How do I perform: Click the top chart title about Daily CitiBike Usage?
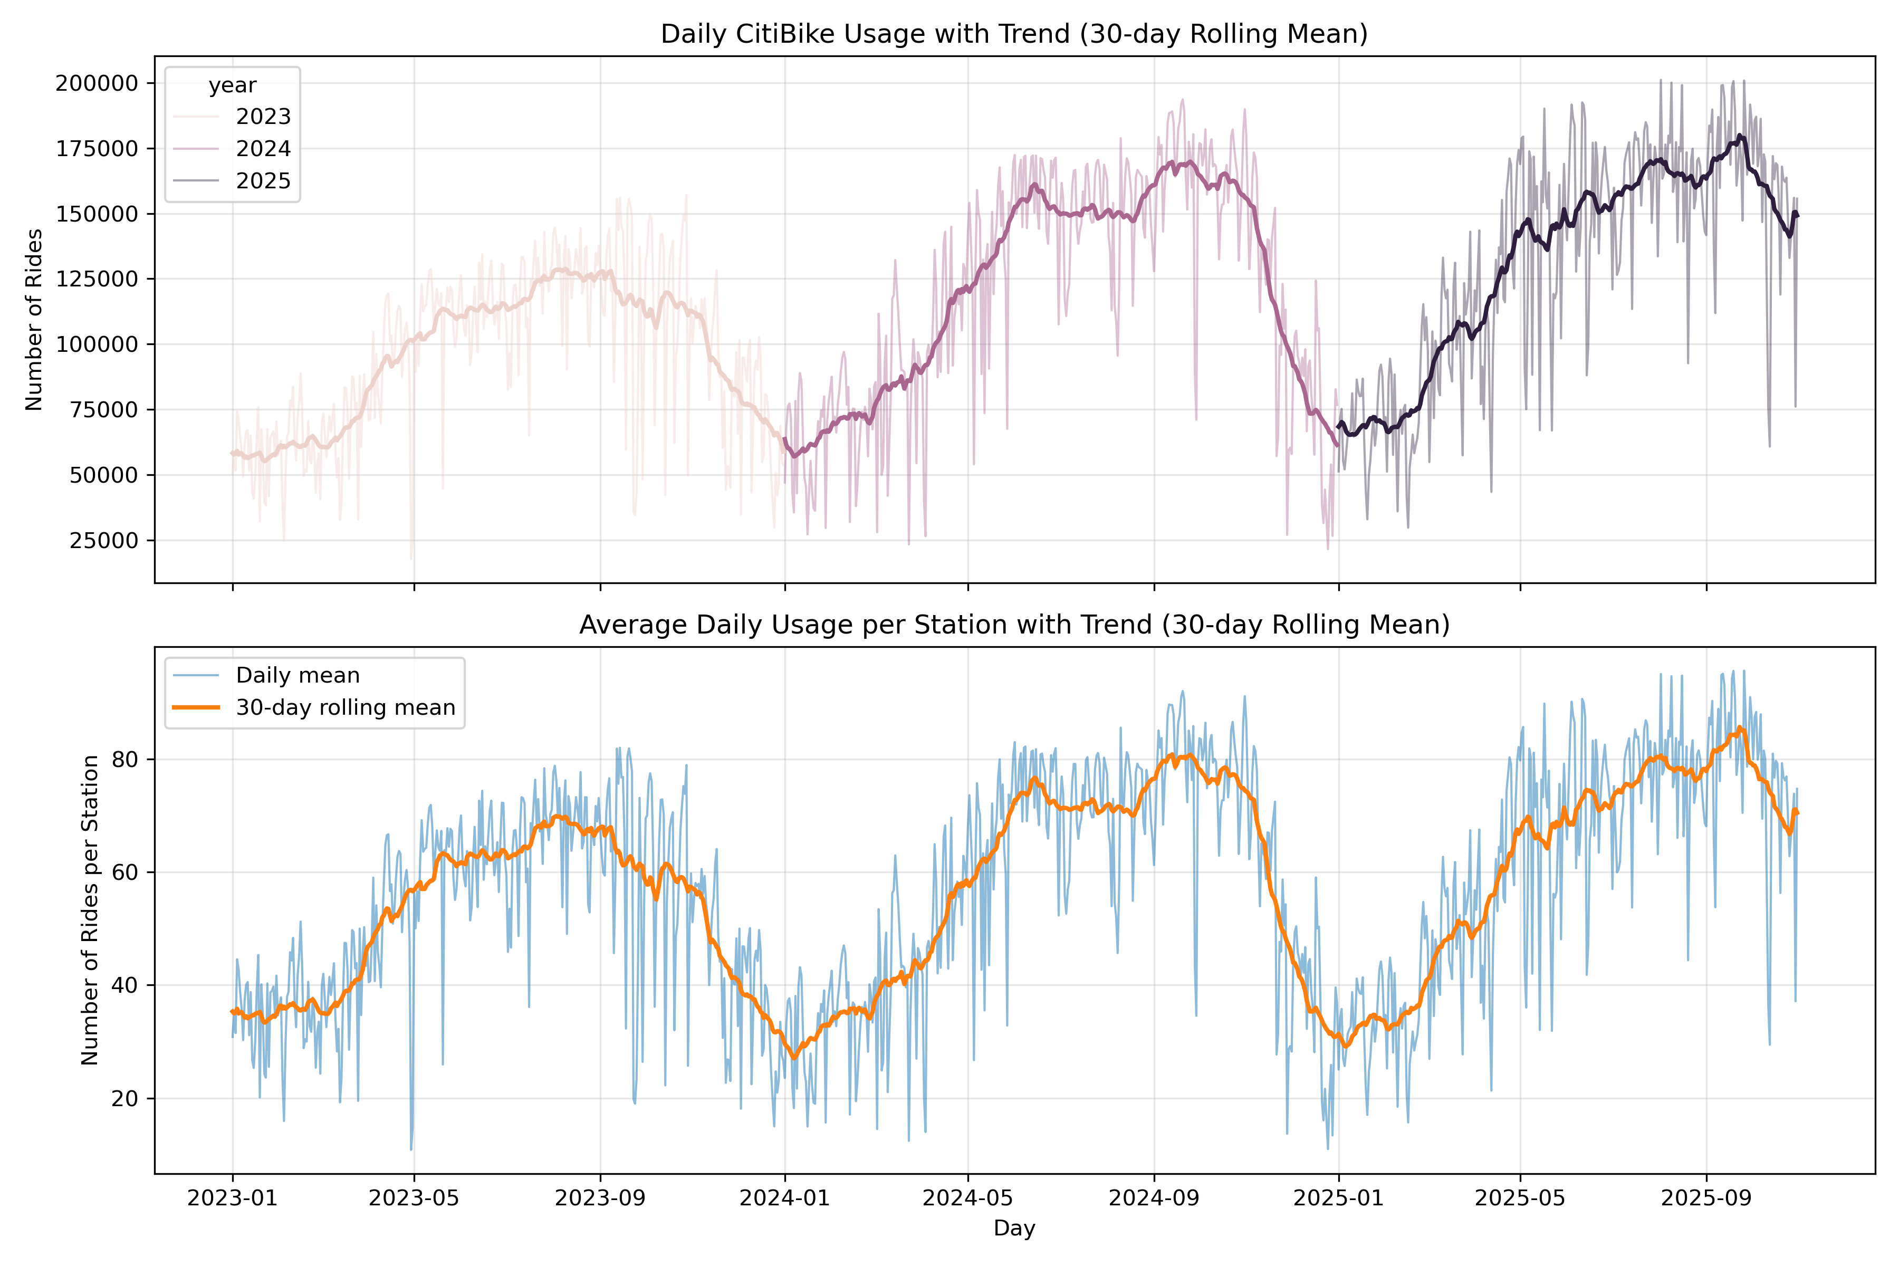coord(1014,34)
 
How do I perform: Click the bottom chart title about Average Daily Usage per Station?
coord(1014,625)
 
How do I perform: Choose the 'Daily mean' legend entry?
coord(297,675)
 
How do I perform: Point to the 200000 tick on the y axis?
coord(97,83)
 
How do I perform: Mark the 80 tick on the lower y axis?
coord(125,760)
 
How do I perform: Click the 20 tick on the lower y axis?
coord(125,1099)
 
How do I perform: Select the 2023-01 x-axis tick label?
coord(233,1198)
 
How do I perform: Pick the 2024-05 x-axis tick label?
coord(967,1198)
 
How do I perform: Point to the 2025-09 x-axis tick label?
coord(1706,1198)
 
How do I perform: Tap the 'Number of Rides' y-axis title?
coord(34,320)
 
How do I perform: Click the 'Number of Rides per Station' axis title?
coord(90,910)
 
